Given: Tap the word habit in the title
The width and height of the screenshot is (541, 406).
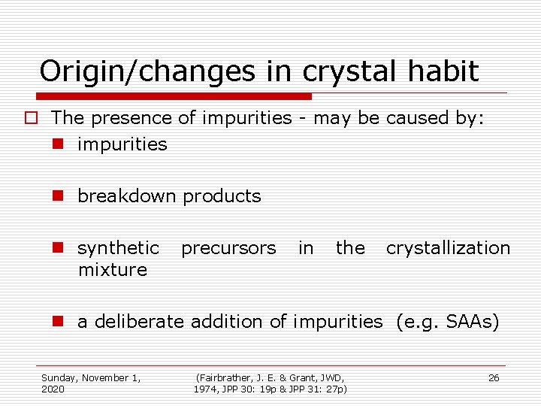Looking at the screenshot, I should click(x=444, y=71).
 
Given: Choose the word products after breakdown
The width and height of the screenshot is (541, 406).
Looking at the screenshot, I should click(x=222, y=196).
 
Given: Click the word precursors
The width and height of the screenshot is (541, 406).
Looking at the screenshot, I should click(x=228, y=248).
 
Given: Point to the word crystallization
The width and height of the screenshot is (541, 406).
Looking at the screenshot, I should click(x=448, y=248).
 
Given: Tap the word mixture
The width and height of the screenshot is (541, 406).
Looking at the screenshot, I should click(x=113, y=269).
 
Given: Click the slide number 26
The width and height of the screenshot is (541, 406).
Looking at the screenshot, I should click(x=494, y=378).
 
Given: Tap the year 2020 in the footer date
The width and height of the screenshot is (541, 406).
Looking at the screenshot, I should click(x=53, y=389).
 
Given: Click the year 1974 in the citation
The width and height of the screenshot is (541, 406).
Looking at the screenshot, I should click(x=206, y=389).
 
